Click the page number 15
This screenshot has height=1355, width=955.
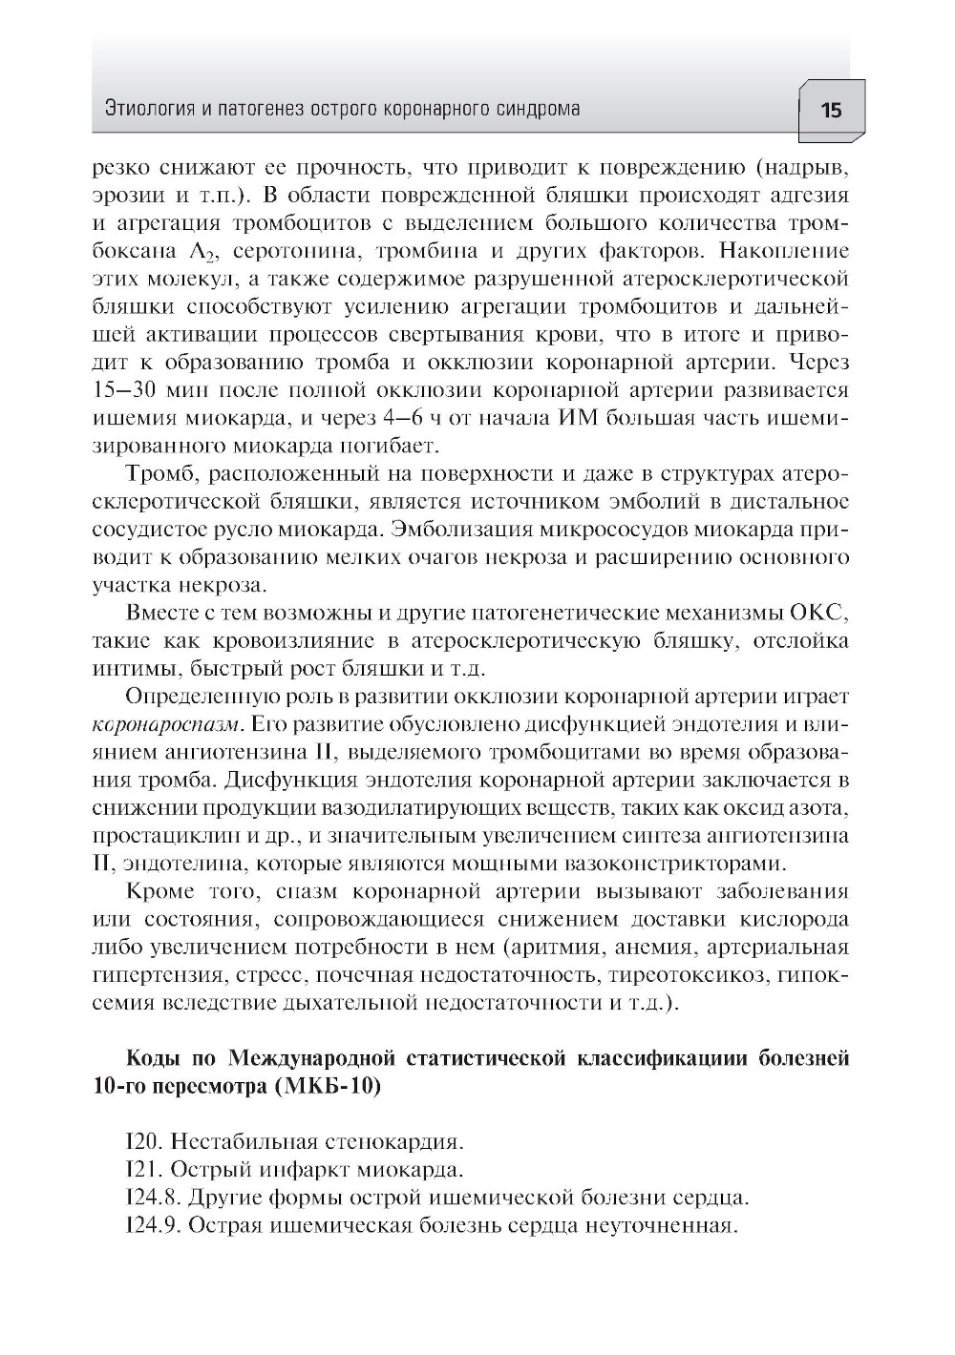pos(830,110)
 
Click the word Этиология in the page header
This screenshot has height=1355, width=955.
pos(145,109)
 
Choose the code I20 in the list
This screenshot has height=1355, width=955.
pos(140,1141)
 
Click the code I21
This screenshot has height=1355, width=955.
pos(140,1169)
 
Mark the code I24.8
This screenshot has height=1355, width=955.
pos(151,1197)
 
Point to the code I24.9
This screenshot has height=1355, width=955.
pos(151,1224)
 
